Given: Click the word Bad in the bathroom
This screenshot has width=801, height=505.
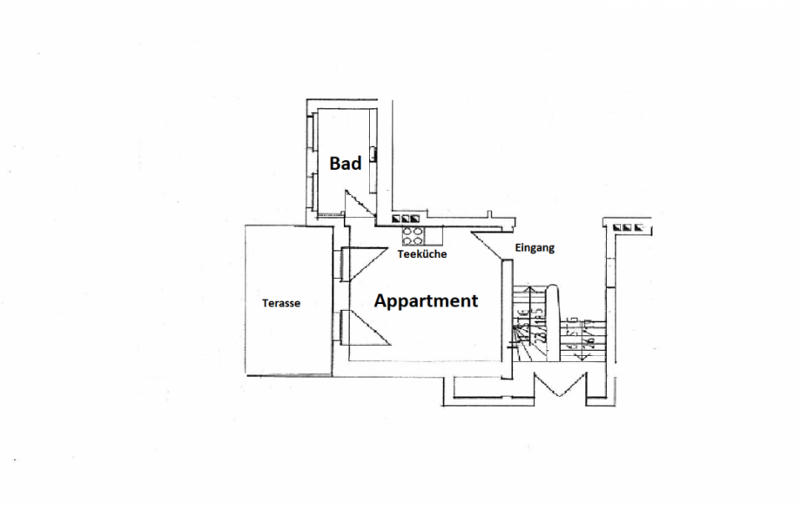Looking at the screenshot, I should click(345, 163).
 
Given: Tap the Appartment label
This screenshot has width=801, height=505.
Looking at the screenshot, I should click(426, 301).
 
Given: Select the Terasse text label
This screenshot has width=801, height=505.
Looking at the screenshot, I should click(281, 303).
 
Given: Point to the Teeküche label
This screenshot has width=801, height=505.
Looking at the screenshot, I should click(421, 255).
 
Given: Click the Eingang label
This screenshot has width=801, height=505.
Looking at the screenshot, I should click(534, 248).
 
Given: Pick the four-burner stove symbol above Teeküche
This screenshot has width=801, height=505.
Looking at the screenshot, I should click(411, 235).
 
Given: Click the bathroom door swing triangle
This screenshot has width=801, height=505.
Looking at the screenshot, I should click(357, 204).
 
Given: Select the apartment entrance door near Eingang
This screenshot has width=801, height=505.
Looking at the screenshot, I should click(489, 245).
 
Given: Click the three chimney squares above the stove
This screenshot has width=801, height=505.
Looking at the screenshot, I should click(407, 219).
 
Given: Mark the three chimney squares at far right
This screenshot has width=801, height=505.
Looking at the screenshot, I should click(629, 227).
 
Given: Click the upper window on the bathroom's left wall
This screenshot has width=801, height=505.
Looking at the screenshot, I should click(310, 131).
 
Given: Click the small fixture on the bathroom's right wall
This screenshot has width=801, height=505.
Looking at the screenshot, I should click(374, 154).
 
